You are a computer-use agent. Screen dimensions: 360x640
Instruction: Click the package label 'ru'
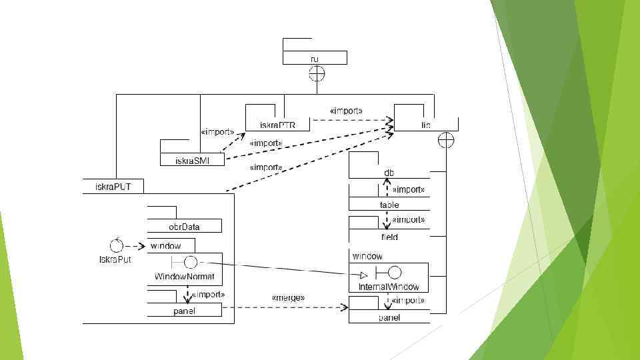[315, 59]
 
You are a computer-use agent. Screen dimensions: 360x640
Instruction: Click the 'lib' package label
[425, 125]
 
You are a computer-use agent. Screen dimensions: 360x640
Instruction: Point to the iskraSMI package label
[192, 161]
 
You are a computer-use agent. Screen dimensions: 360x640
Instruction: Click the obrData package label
[184, 227]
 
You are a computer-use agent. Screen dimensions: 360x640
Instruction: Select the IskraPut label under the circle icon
[115, 259]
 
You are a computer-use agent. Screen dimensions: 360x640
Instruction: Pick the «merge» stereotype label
[288, 297]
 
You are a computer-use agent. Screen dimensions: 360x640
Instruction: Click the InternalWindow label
[389, 287]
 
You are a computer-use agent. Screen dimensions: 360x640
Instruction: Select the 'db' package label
[389, 173]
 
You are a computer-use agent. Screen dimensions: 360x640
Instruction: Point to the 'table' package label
[389, 205]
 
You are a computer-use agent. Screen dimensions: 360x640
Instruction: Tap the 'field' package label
[389, 237]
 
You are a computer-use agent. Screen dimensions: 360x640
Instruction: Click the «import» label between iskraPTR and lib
[346, 110]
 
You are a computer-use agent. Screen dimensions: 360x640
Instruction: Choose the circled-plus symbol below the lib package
[446, 140]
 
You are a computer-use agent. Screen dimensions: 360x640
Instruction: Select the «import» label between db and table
[408, 189]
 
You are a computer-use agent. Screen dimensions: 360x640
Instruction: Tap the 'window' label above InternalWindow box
[367, 256]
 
